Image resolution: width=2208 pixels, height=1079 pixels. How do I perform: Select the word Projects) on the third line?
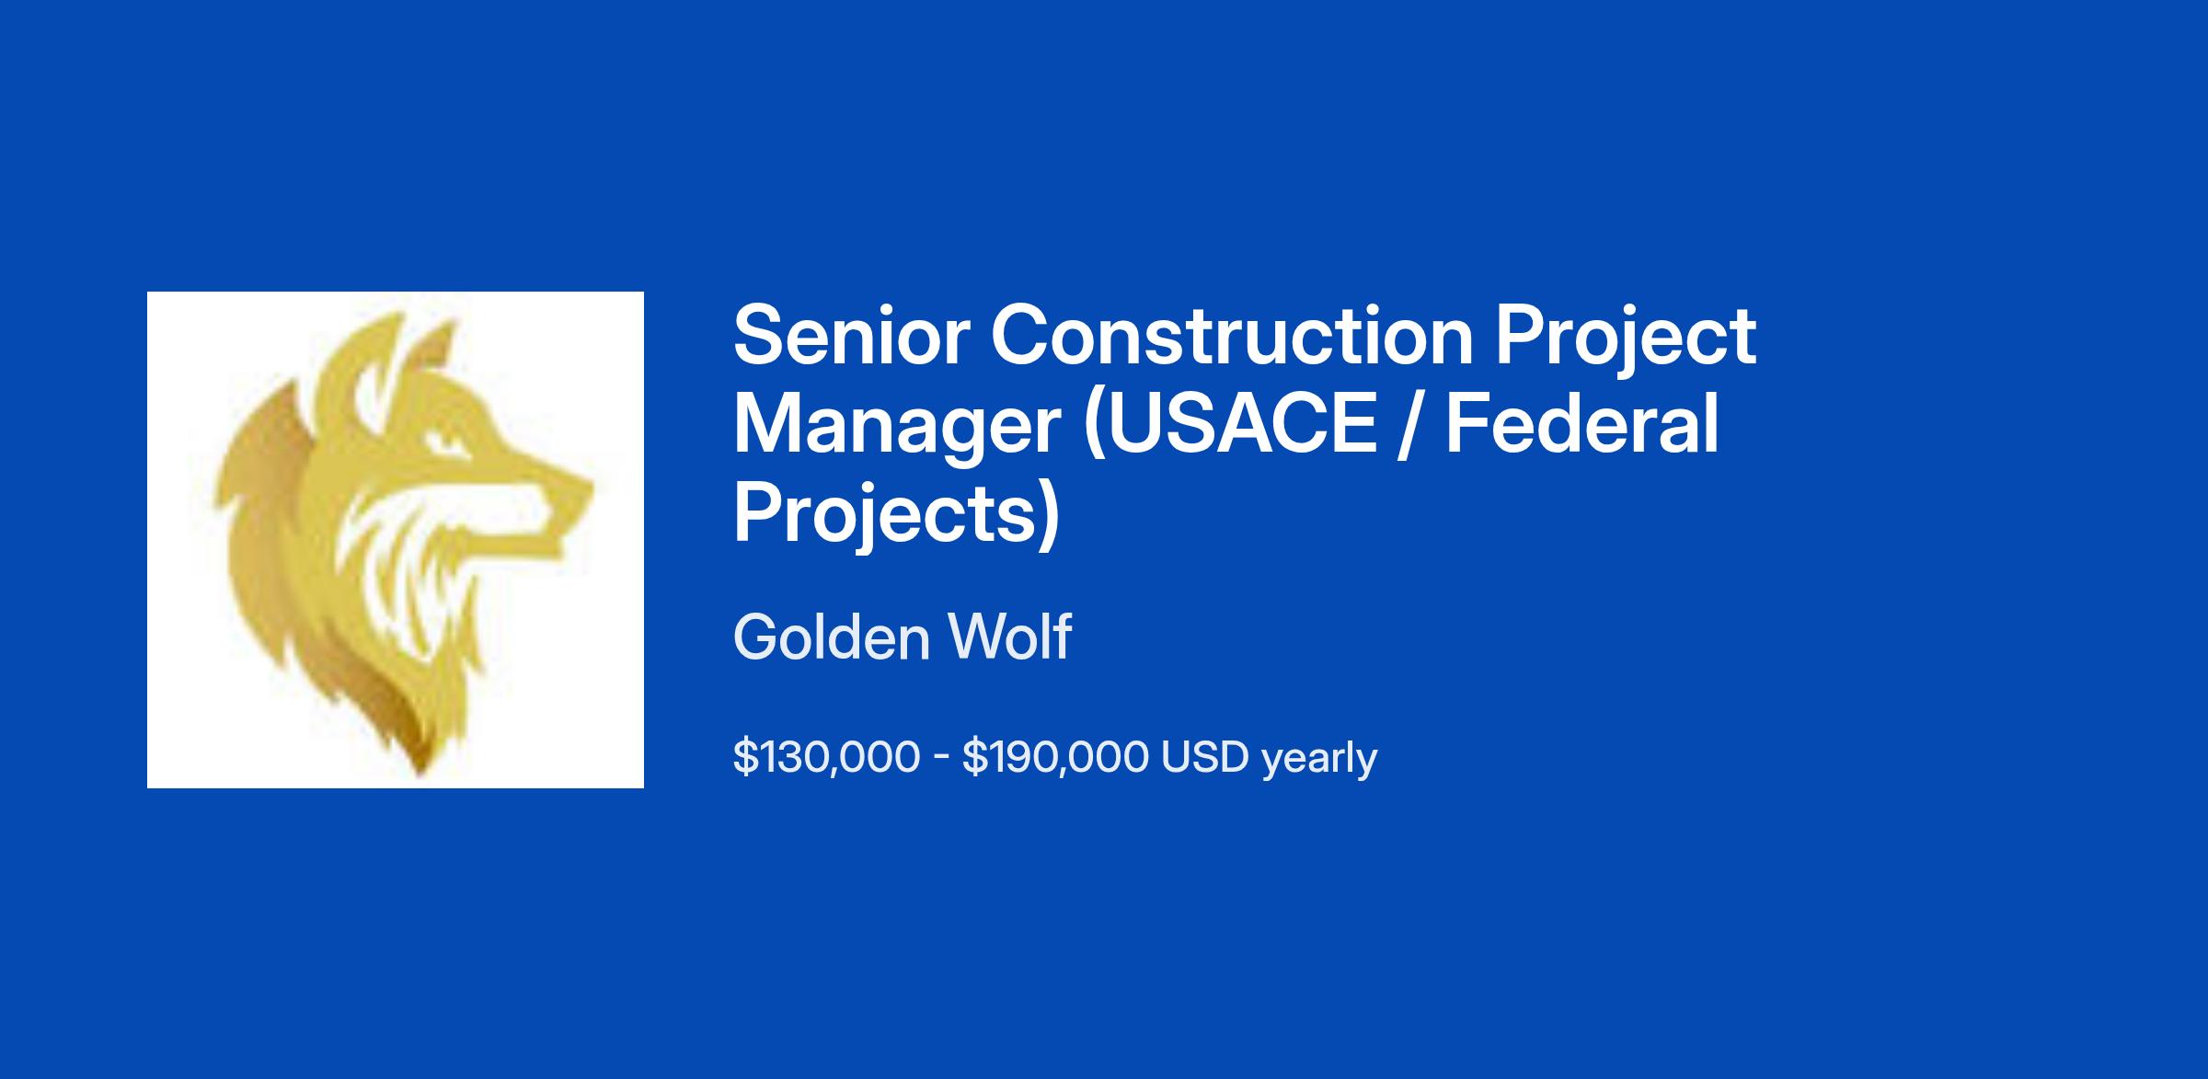pos(897,515)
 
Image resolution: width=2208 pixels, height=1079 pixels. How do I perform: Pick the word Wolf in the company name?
pos(1010,637)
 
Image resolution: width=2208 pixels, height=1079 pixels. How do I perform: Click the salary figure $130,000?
pos(826,758)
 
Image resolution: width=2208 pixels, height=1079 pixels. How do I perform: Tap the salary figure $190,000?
pos(1055,758)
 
